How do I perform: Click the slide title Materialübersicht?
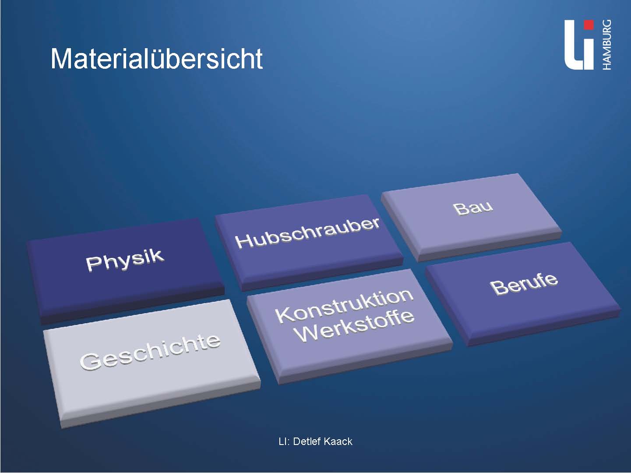click(157, 59)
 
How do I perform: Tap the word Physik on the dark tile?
click(125, 260)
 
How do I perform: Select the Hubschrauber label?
click(307, 233)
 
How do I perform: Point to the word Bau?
click(473, 208)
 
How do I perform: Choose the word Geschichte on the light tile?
click(150, 352)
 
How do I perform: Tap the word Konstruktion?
click(344, 306)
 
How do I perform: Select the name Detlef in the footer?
click(306, 441)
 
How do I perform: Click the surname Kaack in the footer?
click(338, 441)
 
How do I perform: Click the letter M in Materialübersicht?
click(61, 59)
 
